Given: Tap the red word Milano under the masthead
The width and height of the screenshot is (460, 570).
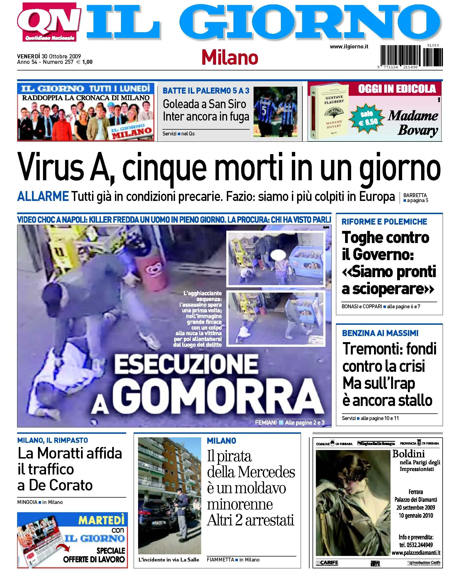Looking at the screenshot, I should pos(230,58).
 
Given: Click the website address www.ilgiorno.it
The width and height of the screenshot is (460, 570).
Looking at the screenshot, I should pos(349,47).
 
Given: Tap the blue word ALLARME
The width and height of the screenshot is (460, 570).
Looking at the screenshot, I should pos(43,197).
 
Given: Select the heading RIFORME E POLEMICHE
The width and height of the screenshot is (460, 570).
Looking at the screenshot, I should pos(384,222).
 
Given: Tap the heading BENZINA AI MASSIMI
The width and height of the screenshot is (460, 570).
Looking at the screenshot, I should pos(380,333).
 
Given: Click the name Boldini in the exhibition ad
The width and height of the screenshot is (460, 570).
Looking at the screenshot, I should pos(408,454).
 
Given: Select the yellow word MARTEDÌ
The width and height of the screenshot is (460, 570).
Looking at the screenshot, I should pos(101,520).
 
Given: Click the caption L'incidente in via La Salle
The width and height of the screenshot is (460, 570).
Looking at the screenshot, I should pos(169,560).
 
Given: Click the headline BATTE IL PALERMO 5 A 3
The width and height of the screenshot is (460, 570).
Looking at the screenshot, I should pos(206,91).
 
